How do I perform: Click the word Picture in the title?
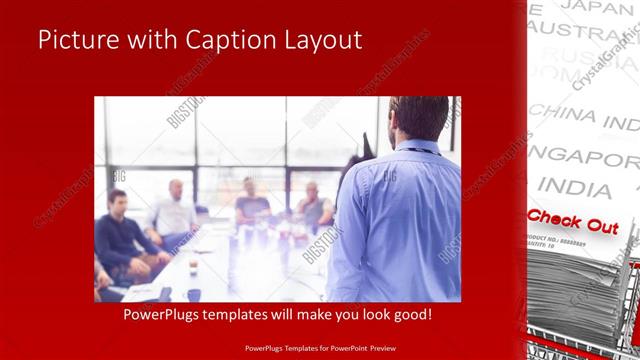[75, 40]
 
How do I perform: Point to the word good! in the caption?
[409, 314]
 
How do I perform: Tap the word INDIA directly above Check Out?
[574, 188]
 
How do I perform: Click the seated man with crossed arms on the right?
[313, 205]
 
